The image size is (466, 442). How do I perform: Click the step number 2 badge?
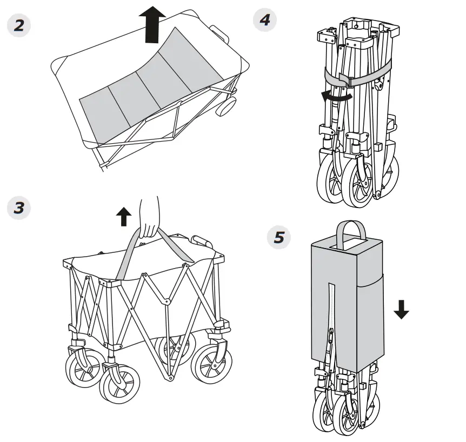click(x=19, y=25)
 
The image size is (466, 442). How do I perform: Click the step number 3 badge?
click(x=19, y=207)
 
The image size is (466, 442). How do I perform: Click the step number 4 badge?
click(x=265, y=20)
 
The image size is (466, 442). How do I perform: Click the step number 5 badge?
click(x=279, y=237)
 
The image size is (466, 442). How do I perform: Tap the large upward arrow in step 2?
click(x=152, y=24)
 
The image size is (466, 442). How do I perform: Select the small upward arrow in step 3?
click(x=124, y=217)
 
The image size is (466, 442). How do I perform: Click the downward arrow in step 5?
click(x=401, y=309)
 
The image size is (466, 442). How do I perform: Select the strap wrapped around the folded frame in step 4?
click(x=357, y=75)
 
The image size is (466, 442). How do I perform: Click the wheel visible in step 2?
click(x=225, y=106)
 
